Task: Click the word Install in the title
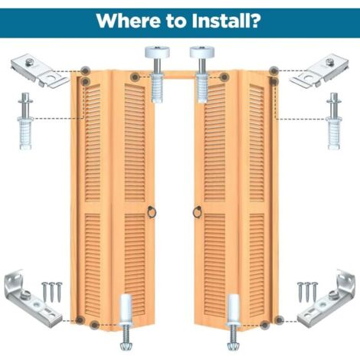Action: [218, 21]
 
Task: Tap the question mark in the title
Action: [254, 21]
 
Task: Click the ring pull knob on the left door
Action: [152, 212]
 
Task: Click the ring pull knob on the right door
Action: [197, 212]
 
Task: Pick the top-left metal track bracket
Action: [39, 70]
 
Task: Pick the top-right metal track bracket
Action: [319, 70]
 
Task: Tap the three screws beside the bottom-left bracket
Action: [52, 292]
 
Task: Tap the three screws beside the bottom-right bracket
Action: [307, 292]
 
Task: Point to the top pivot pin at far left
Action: [25, 121]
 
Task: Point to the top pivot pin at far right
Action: [334, 121]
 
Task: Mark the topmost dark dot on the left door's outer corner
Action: [85, 70]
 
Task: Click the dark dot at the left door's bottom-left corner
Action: [80, 319]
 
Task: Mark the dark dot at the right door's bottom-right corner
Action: [279, 319]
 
